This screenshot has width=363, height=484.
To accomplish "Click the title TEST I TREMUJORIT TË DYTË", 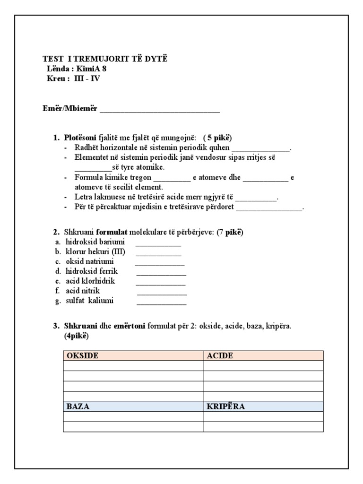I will point(105,59).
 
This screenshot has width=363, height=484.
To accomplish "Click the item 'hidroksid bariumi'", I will point(95,242).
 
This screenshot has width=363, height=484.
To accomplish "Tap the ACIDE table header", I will point(220,355).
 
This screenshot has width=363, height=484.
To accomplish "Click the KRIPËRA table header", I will point(226,406).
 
